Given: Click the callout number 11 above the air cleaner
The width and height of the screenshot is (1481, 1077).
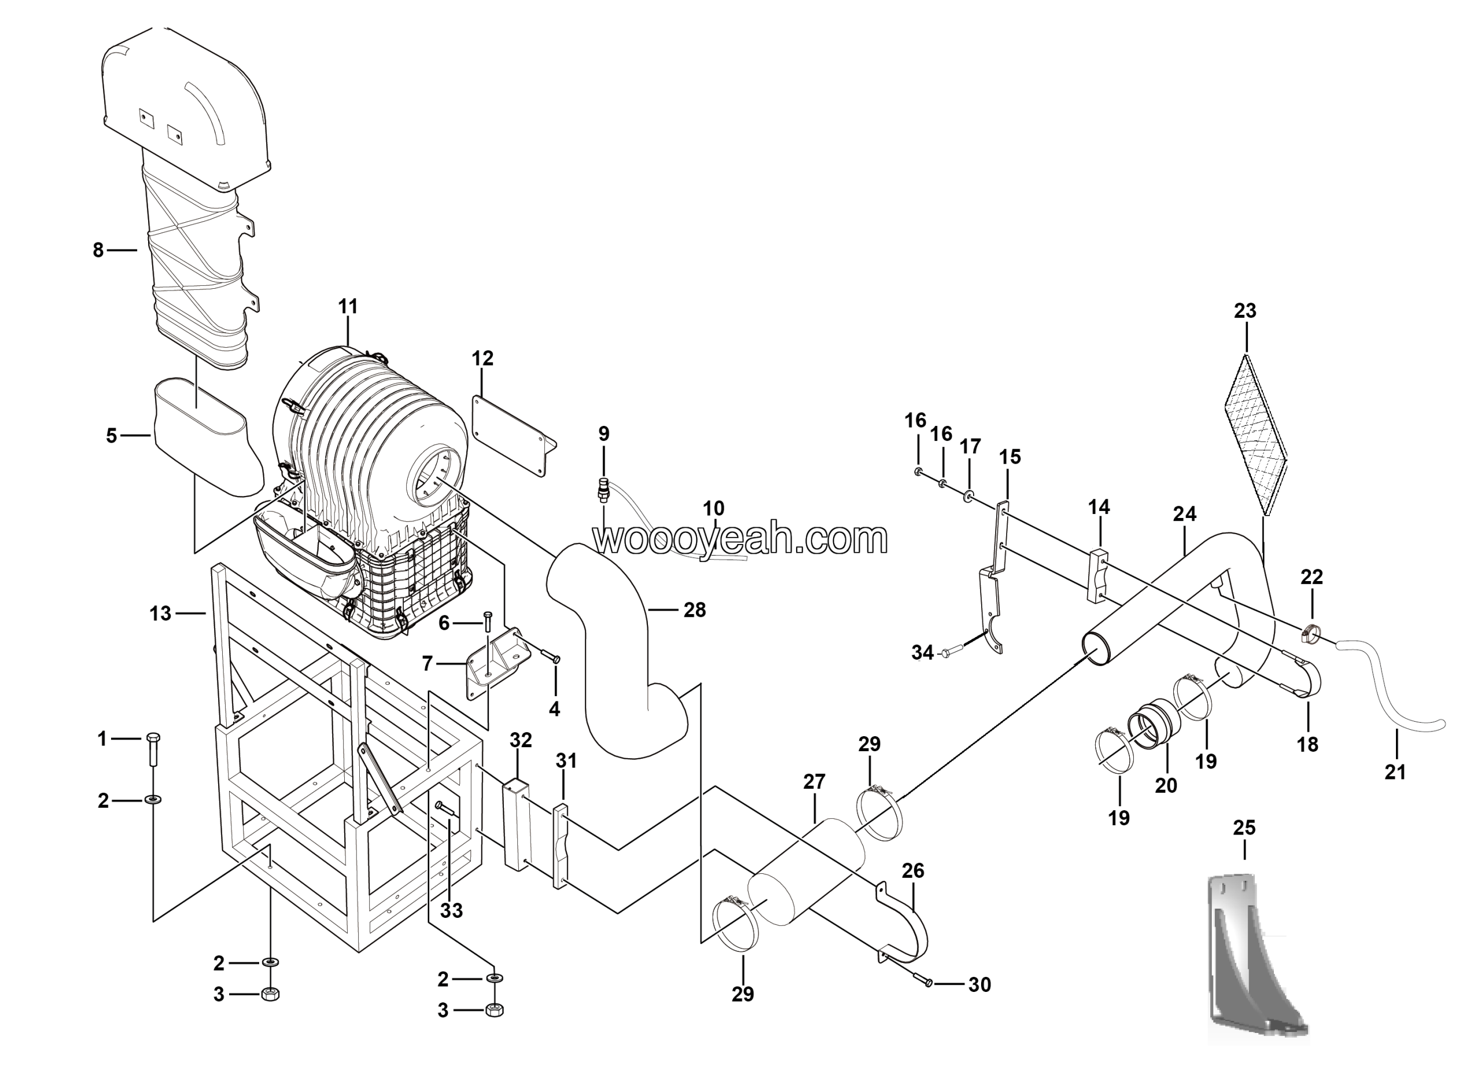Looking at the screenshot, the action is [x=348, y=306].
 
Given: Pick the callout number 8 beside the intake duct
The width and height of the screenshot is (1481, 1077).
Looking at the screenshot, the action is [x=98, y=249].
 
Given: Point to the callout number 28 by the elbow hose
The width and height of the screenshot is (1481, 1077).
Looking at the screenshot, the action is [x=695, y=609].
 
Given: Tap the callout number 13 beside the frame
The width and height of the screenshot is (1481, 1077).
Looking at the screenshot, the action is [x=160, y=613].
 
